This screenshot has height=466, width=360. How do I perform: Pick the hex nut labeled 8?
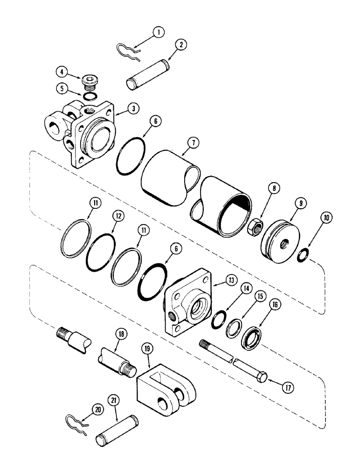coord(257,217)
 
